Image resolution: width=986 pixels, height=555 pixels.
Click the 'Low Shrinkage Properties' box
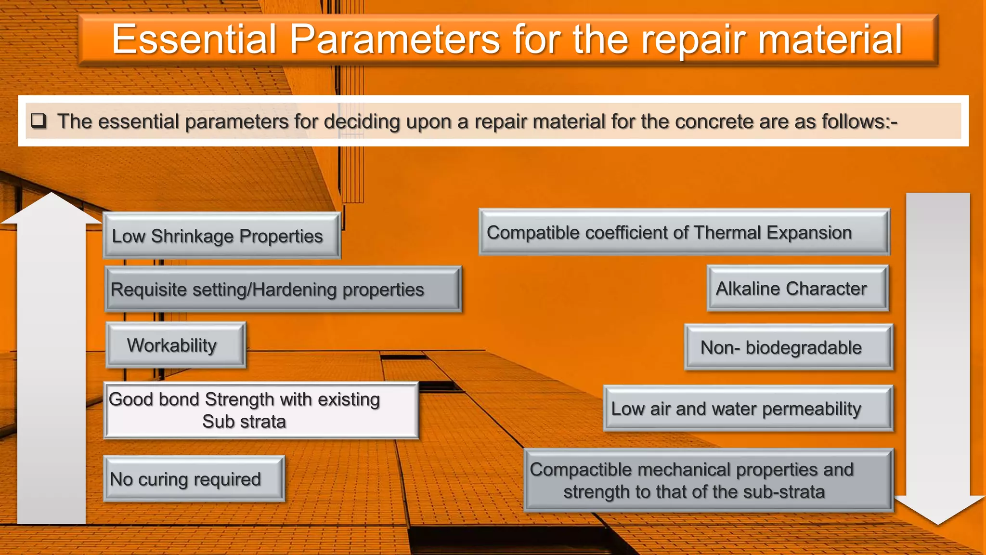pyautogui.click(x=221, y=236)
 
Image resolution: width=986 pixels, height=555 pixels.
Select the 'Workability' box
pyautogui.click(x=176, y=345)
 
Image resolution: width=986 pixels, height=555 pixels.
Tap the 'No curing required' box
pyautogui.click(x=194, y=479)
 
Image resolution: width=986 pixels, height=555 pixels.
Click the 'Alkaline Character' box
pyautogui.click(x=797, y=288)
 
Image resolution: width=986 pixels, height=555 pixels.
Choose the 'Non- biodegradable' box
pyautogui.click(x=788, y=347)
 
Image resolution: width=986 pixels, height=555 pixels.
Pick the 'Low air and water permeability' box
pyautogui.click(x=748, y=409)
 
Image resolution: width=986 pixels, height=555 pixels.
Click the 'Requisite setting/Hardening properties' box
pyautogui.click(x=283, y=290)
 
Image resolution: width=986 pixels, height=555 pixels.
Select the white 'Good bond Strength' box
pyautogui.click(x=261, y=410)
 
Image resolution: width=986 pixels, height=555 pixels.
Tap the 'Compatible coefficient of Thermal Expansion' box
pyautogui.click(x=684, y=232)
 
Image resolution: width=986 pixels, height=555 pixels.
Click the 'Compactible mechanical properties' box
pyautogui.click(x=708, y=480)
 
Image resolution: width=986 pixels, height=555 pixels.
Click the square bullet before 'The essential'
pyautogui.click(x=39, y=120)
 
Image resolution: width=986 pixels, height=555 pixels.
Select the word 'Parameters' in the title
pyautogui.click(x=394, y=40)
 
